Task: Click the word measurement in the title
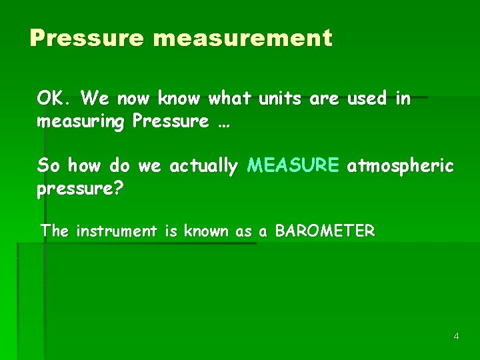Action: [242, 38]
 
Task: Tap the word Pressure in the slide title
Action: [87, 38]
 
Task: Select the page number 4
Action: [456, 336]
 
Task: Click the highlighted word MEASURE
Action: [293, 165]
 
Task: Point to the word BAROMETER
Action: [325, 231]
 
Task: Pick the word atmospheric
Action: [400, 165]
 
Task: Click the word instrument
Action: [116, 231]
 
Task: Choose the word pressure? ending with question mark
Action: [80, 189]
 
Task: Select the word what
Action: [229, 99]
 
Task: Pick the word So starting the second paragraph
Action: [49, 165]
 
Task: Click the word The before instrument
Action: [55, 231]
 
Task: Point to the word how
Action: [85, 165]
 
